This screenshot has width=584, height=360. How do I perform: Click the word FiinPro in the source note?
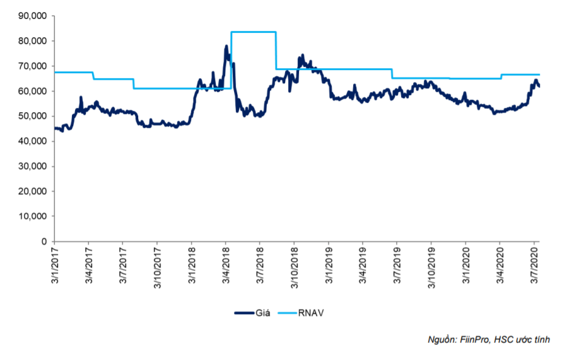click(475, 340)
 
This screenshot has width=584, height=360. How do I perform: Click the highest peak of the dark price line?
click(226, 46)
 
